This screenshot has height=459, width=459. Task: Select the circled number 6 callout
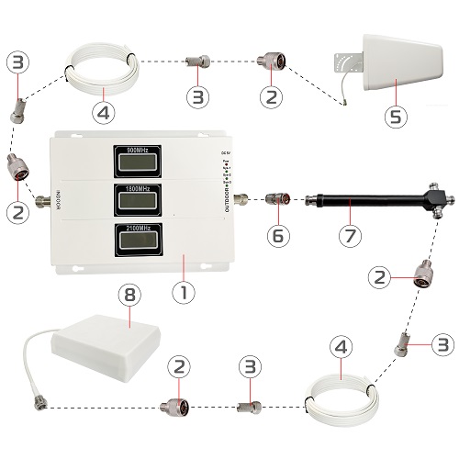[275, 235]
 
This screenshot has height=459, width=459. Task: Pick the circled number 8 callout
[130, 295]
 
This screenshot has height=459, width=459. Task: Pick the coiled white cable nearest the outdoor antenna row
[99, 68]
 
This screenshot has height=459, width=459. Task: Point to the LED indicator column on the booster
[223, 170]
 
